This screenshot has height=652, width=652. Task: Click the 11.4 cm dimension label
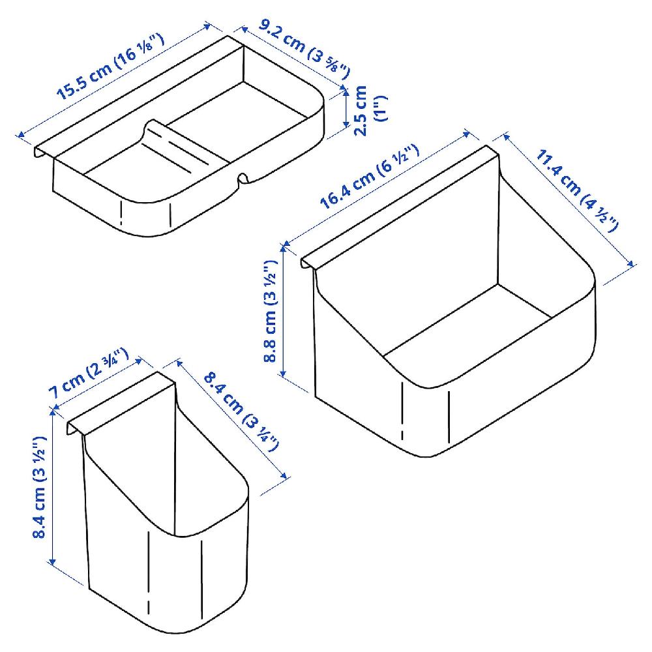[577, 190]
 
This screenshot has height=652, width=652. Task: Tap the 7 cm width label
[89, 373]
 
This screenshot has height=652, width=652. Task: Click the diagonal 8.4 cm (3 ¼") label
[241, 411]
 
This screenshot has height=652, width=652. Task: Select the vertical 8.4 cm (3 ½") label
[40, 487]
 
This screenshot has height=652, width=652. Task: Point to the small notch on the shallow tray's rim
[243, 178]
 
